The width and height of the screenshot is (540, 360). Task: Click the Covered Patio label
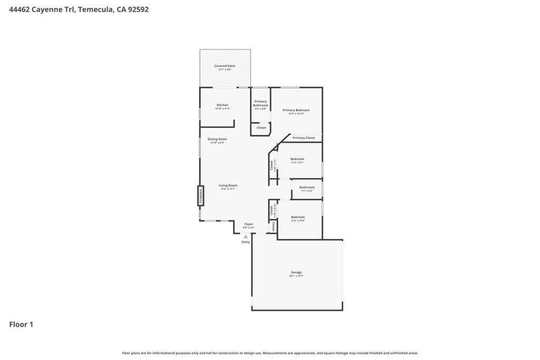pyautogui.click(x=225, y=66)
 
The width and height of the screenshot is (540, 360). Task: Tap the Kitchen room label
pyautogui.click(x=223, y=105)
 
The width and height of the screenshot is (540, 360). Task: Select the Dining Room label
pyautogui.click(x=217, y=139)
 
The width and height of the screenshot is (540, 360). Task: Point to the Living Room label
pyautogui.click(x=228, y=186)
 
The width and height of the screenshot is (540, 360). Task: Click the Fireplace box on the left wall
pyautogui.click(x=200, y=196)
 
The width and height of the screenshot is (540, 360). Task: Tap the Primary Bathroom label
pyautogui.click(x=261, y=103)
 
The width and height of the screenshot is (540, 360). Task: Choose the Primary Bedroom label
pyautogui.click(x=296, y=111)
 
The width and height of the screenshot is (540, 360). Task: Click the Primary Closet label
pyautogui.click(x=304, y=138)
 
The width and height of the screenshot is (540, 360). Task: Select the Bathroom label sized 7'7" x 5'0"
pyautogui.click(x=307, y=188)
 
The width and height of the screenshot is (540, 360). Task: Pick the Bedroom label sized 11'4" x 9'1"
pyautogui.click(x=297, y=159)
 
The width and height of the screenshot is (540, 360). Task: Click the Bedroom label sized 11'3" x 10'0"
pyautogui.click(x=297, y=217)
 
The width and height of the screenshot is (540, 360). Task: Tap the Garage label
pyautogui.click(x=296, y=273)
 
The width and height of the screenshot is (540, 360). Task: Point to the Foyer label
pyautogui.click(x=248, y=224)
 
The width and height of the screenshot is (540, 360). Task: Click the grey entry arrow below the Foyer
pyautogui.click(x=245, y=237)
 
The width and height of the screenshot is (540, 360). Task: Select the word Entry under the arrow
pyautogui.click(x=246, y=242)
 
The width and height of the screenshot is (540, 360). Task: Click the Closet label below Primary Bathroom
pyautogui.click(x=262, y=128)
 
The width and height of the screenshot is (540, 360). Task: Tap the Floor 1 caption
pyautogui.click(x=21, y=325)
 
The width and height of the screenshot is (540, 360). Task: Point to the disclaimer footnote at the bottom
pyautogui.click(x=270, y=353)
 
